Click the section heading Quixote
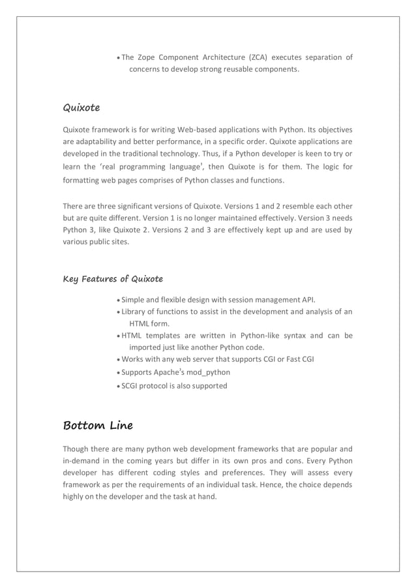[81, 106]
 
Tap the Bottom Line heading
[97, 426]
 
